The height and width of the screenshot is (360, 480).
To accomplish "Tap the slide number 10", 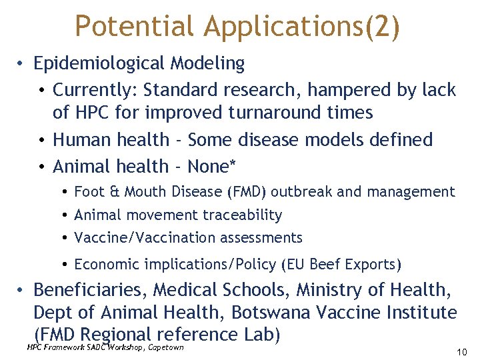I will pos(462,351).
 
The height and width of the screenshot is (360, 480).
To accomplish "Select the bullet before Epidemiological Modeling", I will pos(22,64).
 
